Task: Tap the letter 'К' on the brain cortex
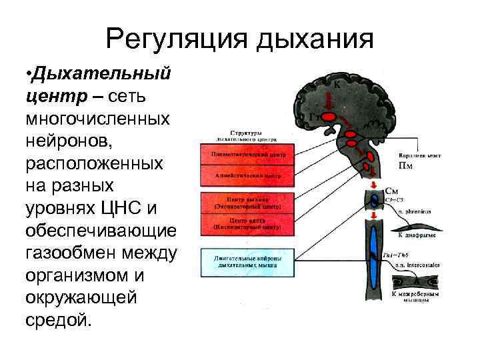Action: click(337, 85)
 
